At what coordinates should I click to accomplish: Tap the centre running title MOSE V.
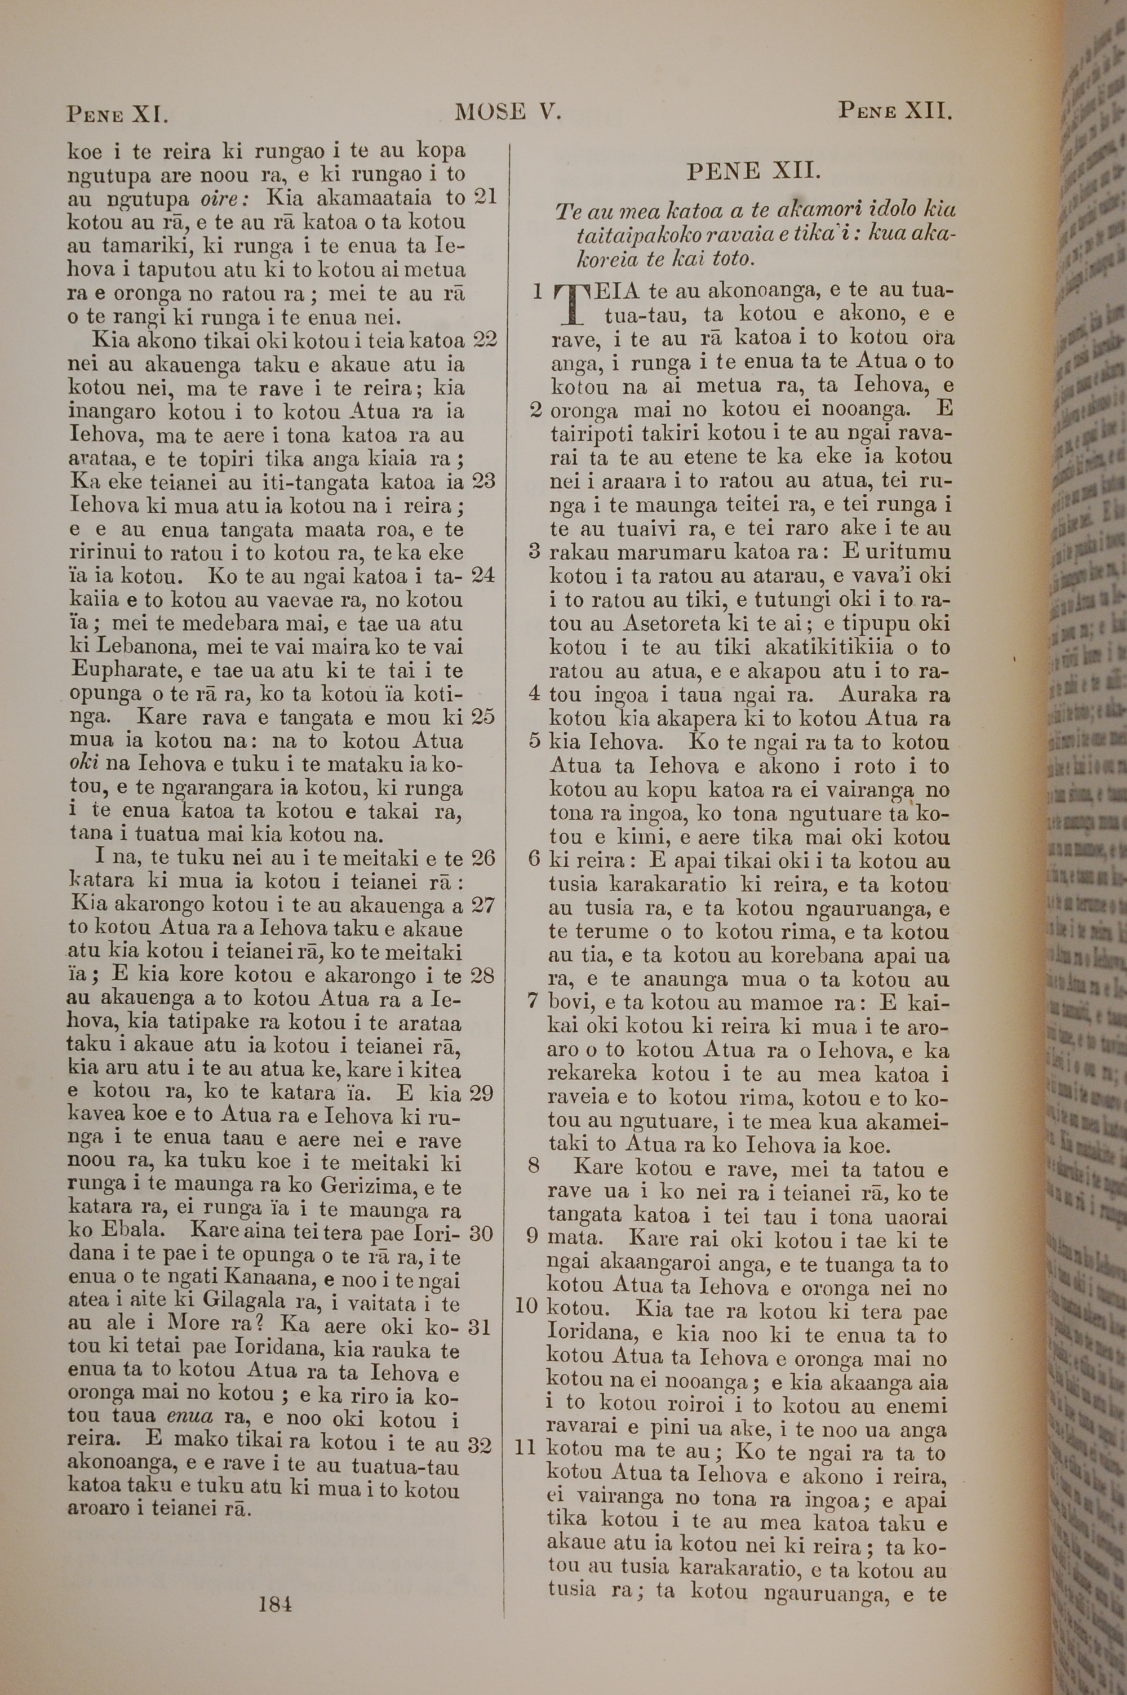point(507,112)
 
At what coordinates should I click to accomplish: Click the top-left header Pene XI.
point(117,113)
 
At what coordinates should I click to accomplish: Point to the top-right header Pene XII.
point(895,112)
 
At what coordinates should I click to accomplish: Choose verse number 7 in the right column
point(533,1001)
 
